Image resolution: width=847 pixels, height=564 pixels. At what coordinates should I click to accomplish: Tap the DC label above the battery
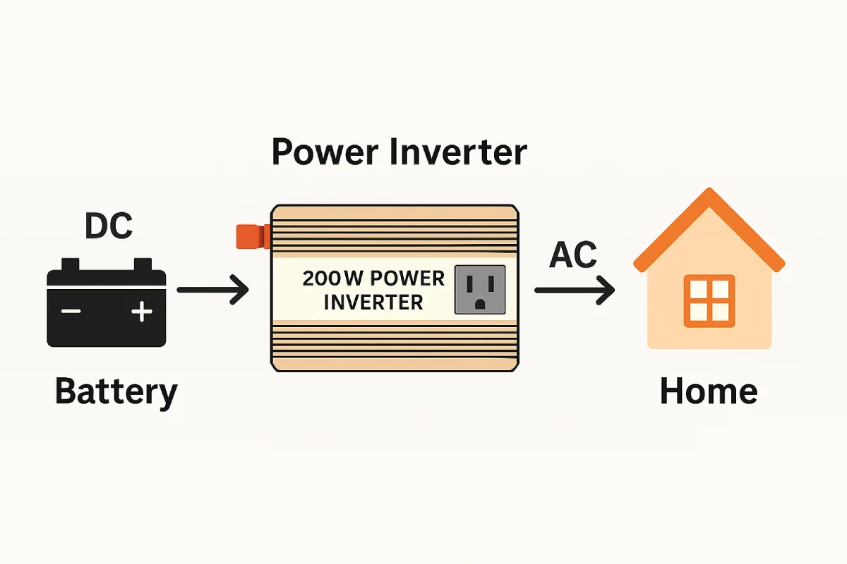[x=108, y=226]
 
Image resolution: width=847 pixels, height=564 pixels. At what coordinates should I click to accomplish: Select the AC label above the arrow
[x=572, y=255]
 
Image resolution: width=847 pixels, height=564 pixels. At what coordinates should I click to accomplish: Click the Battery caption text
[x=116, y=392]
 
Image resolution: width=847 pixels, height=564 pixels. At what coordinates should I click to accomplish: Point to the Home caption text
[x=708, y=391]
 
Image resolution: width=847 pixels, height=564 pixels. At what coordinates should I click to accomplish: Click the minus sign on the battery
[x=71, y=311]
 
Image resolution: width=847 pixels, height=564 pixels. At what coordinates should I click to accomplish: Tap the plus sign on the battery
[x=142, y=311]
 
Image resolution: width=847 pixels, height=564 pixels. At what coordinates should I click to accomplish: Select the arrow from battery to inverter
[x=212, y=290]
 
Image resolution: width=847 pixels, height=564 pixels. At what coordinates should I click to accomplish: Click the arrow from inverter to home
[x=574, y=290]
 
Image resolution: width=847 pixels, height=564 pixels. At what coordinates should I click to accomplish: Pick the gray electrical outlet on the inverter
[x=480, y=289]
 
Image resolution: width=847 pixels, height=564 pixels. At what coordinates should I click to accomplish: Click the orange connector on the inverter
[x=251, y=236]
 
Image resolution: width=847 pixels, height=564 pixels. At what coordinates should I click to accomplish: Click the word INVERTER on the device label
[x=373, y=302]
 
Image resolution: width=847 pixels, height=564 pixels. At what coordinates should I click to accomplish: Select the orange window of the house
[x=709, y=300]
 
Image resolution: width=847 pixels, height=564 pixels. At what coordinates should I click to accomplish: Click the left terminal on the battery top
[x=71, y=265]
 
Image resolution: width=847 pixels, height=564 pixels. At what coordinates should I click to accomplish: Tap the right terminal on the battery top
[x=143, y=265]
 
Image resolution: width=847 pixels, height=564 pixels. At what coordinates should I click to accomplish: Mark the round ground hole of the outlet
[x=480, y=303]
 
